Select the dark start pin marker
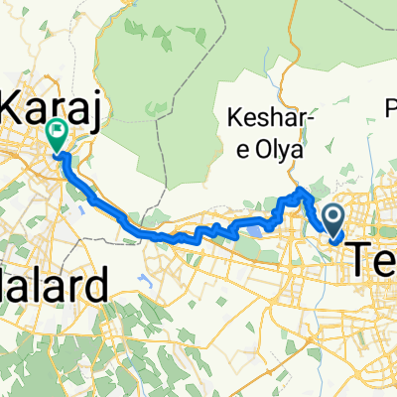click(333, 215)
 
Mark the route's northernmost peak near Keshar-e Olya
click(301, 188)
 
